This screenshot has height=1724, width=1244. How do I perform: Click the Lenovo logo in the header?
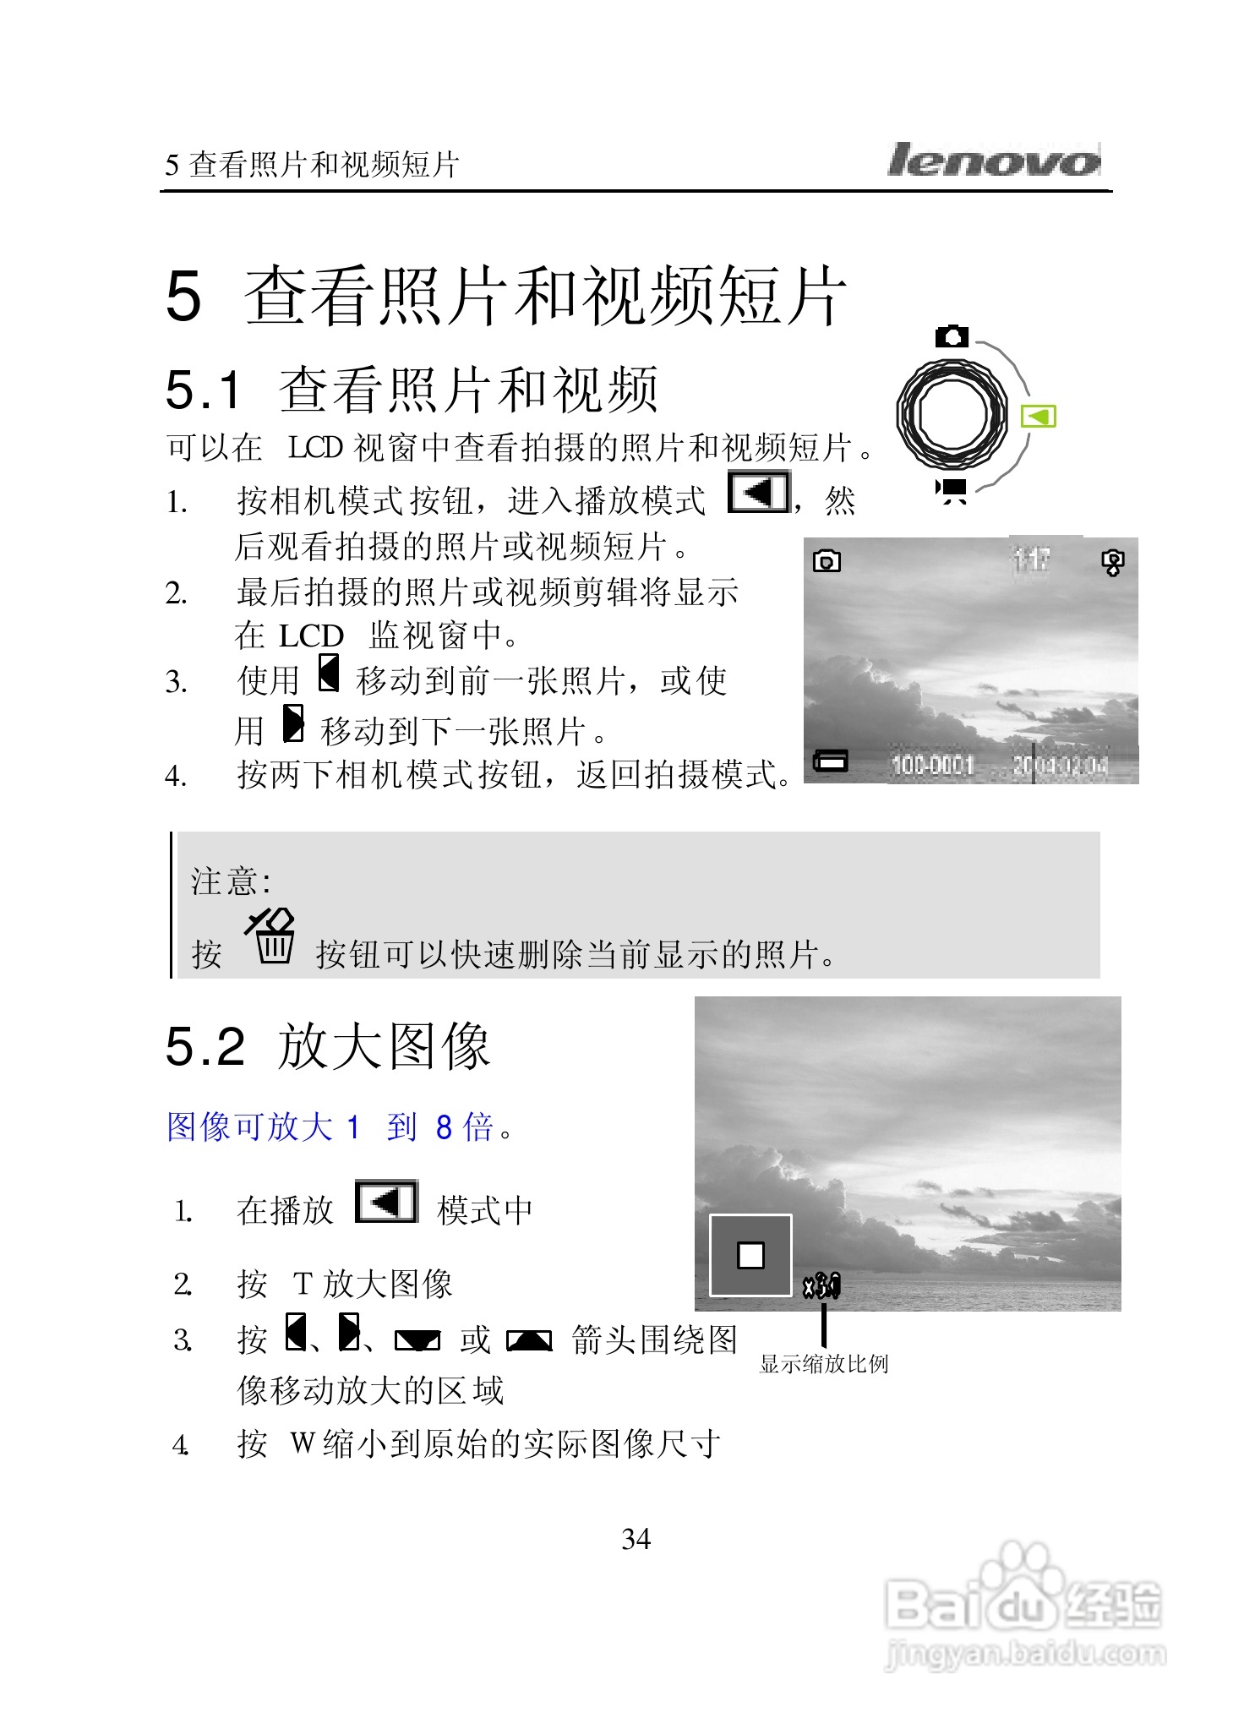point(994,160)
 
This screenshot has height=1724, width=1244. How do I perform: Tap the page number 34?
point(636,1539)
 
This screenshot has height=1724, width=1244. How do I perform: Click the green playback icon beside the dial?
point(1039,417)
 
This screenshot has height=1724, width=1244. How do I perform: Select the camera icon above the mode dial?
point(952,336)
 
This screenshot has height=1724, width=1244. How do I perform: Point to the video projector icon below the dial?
point(952,489)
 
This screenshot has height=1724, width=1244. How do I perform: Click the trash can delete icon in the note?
point(273,937)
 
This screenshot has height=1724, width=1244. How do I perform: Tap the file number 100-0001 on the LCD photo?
point(933,766)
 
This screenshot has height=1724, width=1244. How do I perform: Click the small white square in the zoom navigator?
point(750,1255)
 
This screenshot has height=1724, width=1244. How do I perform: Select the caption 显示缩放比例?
point(824,1364)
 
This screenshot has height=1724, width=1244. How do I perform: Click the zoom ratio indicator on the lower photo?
point(821,1286)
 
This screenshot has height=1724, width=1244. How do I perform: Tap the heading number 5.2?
point(205,1046)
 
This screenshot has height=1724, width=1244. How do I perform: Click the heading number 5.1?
point(203,390)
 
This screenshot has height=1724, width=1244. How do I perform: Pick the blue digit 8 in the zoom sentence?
point(445,1127)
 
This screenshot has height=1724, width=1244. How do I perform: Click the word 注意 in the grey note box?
point(226,881)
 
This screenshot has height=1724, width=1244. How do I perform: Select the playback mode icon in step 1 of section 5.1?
point(759,493)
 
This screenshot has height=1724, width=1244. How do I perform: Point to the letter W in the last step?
point(303,1443)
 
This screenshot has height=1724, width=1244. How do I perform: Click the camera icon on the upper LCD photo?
point(827,561)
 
